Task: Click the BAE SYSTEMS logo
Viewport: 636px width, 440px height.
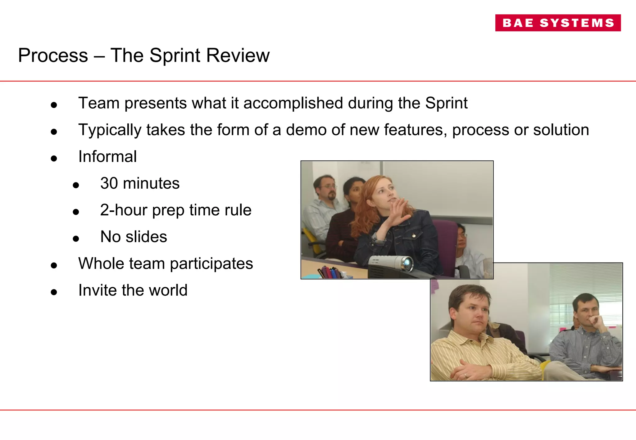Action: pos(558,23)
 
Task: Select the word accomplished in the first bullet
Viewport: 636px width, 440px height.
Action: pos(293,103)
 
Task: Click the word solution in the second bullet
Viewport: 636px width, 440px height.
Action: pos(561,130)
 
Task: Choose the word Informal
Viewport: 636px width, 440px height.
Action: pos(107,156)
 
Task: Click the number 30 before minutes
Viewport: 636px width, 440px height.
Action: pos(109,183)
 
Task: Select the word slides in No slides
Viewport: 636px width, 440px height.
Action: pos(146,237)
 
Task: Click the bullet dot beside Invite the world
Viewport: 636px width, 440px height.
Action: pos(54,292)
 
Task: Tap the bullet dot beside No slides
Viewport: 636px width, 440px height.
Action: pos(76,239)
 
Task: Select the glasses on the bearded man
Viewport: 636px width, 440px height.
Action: pos(329,187)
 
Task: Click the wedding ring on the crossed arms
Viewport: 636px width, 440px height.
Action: pos(466,375)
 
